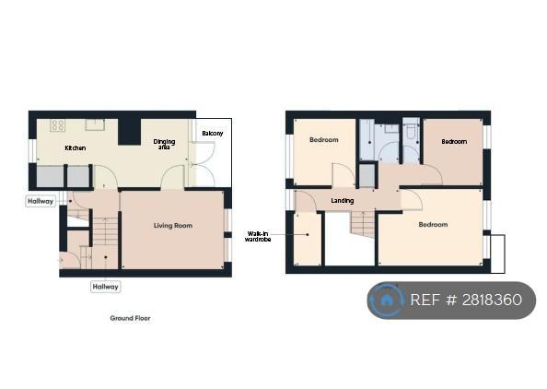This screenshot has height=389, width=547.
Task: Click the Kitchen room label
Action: click(76, 148)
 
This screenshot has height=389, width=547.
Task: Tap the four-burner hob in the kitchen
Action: click(58, 125)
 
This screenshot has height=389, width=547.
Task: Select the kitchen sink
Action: click(95, 124)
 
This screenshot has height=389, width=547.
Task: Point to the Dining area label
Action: click(164, 144)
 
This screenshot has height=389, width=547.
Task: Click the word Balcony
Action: click(213, 134)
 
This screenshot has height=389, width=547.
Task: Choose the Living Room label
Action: click(173, 226)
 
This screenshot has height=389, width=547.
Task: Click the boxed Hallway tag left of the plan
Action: click(41, 202)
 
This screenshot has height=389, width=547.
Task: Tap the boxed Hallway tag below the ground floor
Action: click(105, 287)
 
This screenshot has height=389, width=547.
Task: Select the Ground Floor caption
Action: click(130, 318)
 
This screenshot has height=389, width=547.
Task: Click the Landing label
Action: click(343, 201)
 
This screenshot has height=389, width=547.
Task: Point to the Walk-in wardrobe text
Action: click(258, 236)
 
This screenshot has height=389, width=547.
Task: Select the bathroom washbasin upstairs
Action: click(391, 128)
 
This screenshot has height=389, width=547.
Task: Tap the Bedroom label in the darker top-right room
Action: click(454, 142)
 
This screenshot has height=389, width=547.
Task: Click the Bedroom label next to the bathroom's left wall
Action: click(324, 140)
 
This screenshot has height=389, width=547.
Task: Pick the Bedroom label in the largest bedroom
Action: click(433, 225)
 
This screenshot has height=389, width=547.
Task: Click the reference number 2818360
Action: click(492, 300)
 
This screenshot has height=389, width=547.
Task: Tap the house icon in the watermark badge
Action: click(386, 300)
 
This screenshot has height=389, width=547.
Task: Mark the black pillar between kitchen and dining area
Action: click(130, 132)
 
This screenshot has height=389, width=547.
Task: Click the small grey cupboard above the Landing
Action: click(367, 175)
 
